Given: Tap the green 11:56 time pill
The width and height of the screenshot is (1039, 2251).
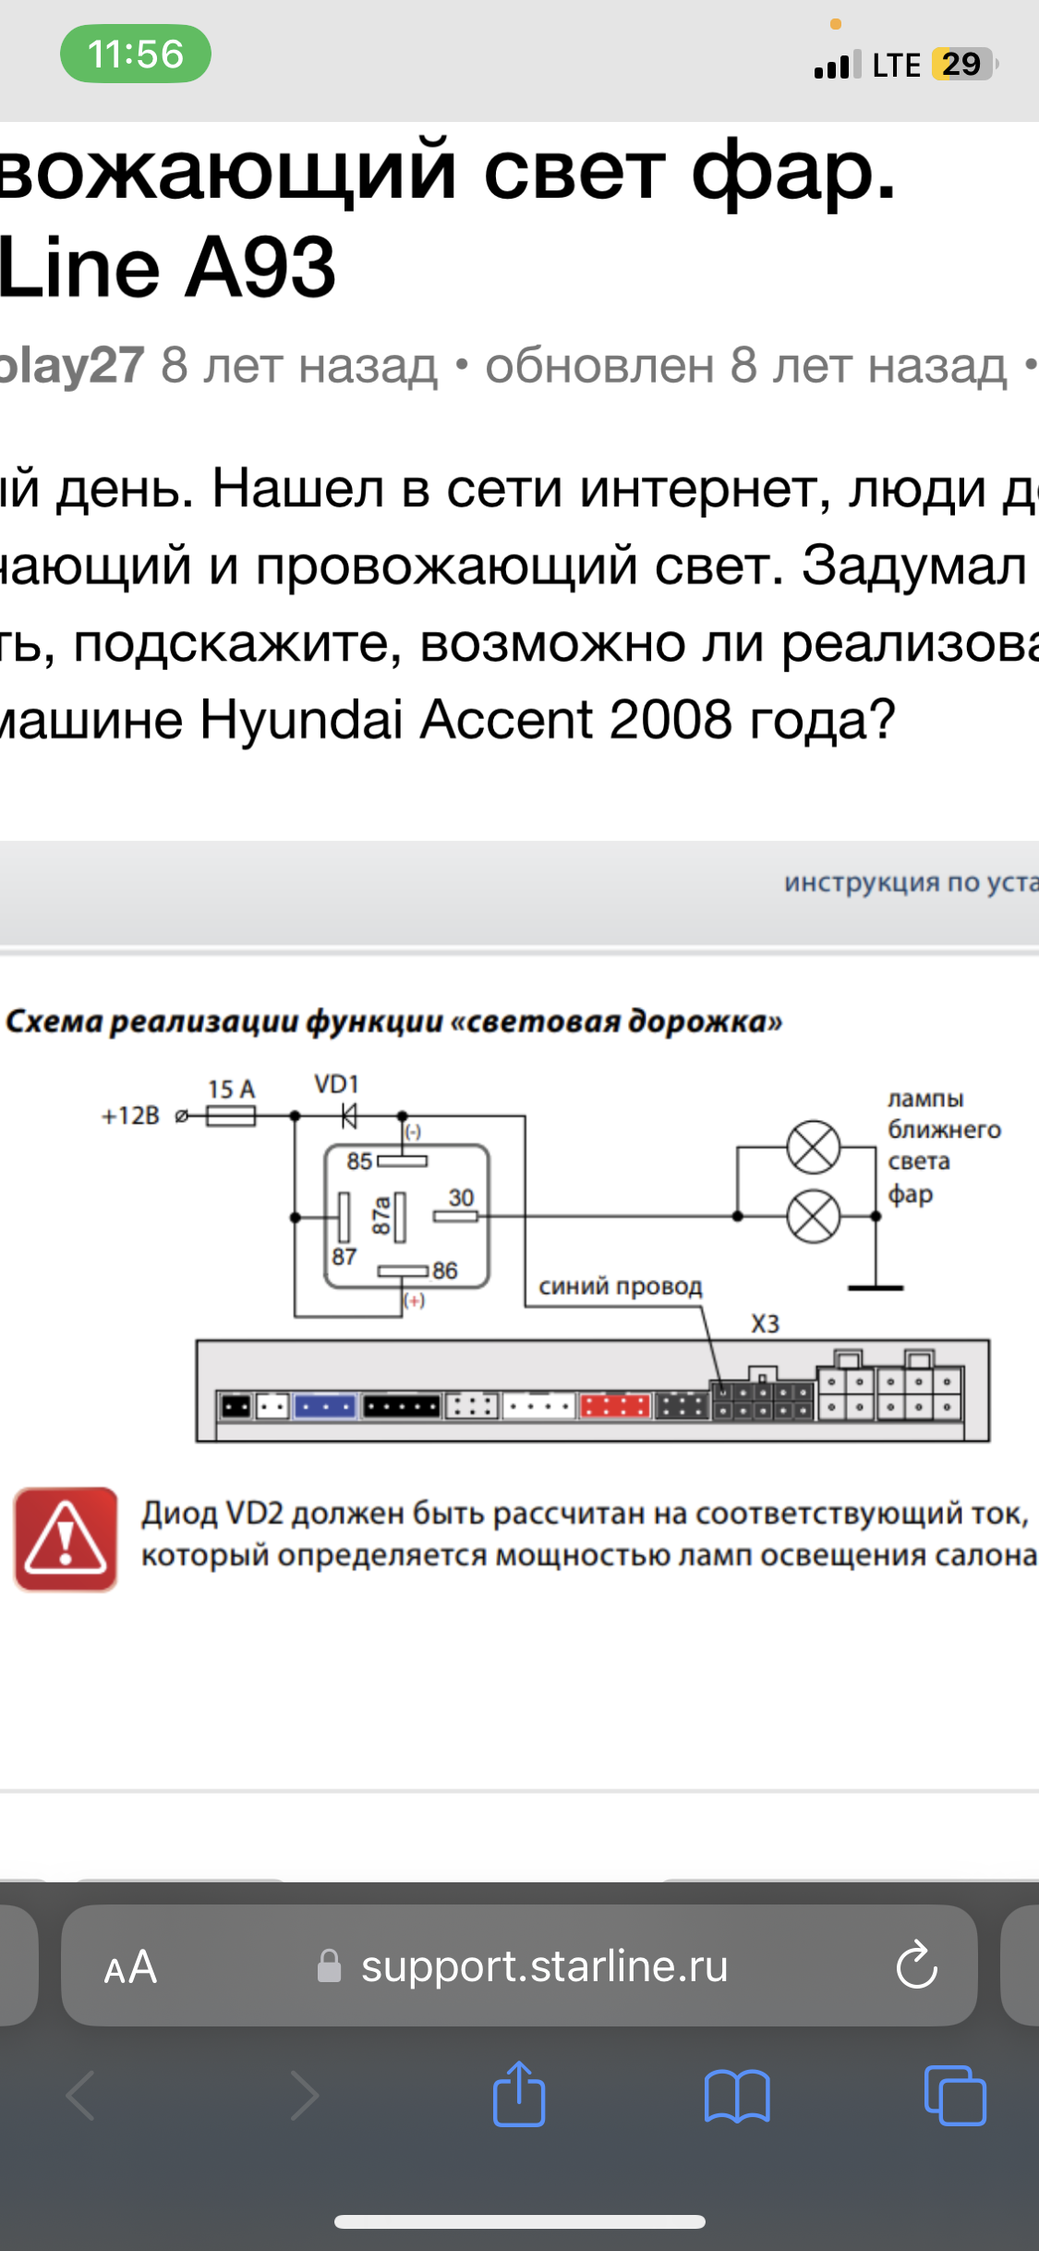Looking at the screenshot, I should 136,54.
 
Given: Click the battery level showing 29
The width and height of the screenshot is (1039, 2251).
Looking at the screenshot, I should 961,64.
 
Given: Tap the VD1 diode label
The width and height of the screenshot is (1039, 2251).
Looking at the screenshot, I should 336,1084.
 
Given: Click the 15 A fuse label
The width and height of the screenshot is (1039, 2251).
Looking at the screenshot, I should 231,1089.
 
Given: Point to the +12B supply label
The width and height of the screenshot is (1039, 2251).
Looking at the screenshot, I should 130,1116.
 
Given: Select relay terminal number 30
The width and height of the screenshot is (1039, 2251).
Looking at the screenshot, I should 461,1198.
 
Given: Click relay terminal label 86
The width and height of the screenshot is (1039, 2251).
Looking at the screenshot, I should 445,1271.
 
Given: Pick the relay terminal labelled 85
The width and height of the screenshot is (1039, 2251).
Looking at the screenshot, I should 359,1161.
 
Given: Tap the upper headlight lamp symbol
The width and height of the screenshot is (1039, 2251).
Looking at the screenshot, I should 813,1148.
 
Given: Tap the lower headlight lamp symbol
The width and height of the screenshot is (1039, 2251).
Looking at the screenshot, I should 813,1216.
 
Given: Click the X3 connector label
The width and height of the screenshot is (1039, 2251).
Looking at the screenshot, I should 765,1324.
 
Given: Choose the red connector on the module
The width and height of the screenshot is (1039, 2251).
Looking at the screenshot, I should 614,1406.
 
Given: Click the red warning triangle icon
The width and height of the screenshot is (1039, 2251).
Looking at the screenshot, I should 66,1539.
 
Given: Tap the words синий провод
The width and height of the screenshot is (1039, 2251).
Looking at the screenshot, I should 621,1286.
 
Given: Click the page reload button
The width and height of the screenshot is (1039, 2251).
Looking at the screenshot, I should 916,1965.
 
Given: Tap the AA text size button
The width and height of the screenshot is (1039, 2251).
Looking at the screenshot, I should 130,1967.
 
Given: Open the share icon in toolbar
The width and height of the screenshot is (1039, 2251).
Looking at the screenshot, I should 519,2095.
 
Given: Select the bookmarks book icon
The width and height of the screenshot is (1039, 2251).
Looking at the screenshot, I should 737,2095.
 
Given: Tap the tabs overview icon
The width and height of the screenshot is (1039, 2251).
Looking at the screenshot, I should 955,2095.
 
